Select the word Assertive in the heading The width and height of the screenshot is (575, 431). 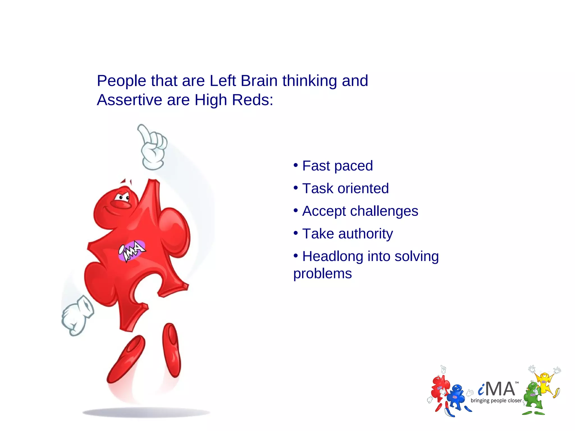129,100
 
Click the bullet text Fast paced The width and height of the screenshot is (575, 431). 337,166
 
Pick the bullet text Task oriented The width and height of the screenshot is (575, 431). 345,189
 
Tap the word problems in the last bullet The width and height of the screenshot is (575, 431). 322,274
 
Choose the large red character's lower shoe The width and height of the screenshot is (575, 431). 126,359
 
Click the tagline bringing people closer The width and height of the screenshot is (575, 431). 496,401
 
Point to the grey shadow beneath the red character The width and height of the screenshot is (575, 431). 146,412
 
